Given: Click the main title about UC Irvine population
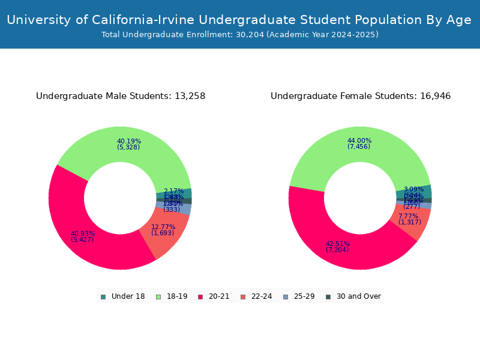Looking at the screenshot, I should coord(239,20).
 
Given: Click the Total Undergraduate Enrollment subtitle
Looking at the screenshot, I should coord(239,35).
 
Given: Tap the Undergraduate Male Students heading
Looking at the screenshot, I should coord(121,96).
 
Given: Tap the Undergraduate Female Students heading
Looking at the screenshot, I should coord(361,96).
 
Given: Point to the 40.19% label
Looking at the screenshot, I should coord(129,142).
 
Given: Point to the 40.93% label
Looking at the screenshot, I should coord(83,234).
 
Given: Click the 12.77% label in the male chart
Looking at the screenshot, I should coord(163,227).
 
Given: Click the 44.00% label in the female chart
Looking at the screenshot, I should coord(359,141).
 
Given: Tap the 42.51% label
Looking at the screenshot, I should coord(338,244).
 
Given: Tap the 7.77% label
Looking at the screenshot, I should coord(408,217).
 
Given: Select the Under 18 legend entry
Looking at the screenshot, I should coord(123,296).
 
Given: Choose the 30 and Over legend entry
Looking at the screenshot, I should coord(353,296).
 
